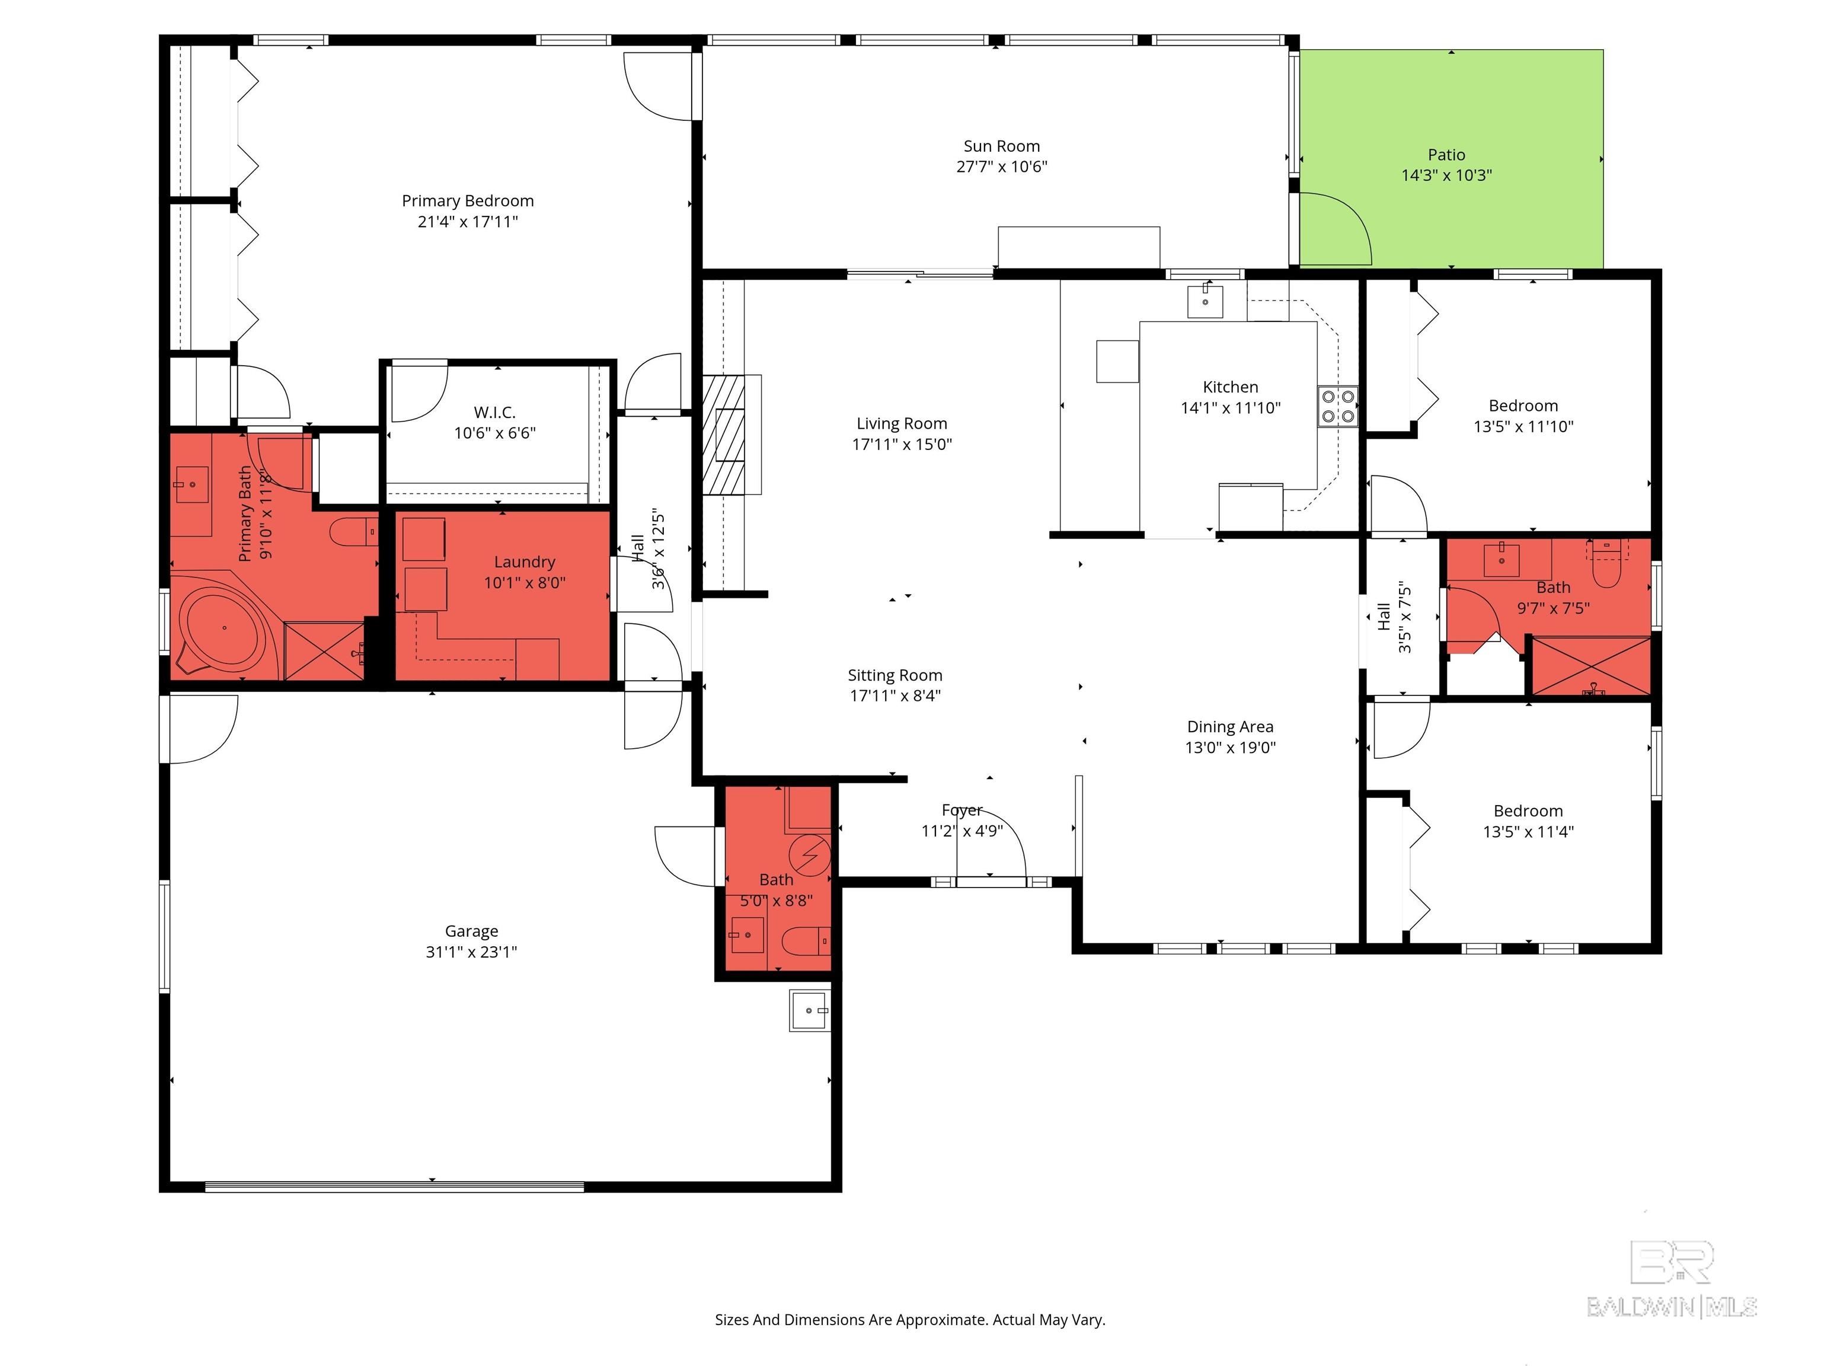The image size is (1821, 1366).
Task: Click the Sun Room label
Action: tap(1001, 146)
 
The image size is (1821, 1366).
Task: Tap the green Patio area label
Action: tap(1446, 155)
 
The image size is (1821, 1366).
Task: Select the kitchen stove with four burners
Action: tap(1337, 406)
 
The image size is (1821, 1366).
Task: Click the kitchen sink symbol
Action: tap(1205, 301)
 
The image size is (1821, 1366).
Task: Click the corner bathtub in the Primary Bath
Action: tap(222, 628)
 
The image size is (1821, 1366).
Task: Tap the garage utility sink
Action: tap(809, 1010)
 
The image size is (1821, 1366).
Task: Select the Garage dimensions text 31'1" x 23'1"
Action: tap(471, 952)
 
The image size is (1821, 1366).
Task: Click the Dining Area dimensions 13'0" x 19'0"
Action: tap(1230, 748)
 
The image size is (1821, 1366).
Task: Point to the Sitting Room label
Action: tap(895, 675)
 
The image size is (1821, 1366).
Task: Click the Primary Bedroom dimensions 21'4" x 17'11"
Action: tap(468, 222)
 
